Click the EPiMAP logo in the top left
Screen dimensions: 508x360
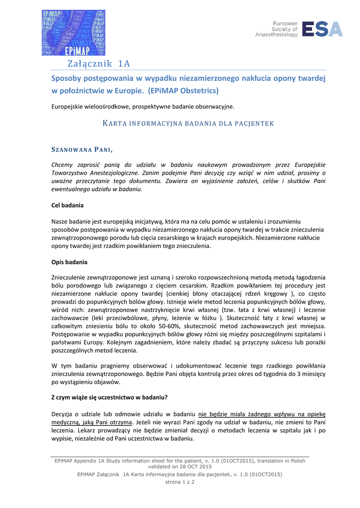[x=73, y=33]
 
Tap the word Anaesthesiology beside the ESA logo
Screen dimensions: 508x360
[x=276, y=35]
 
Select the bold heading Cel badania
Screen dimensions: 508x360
[x=68, y=205]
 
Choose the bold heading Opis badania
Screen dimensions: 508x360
[x=70, y=261]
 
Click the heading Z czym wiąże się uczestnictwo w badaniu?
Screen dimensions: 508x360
[x=109, y=397]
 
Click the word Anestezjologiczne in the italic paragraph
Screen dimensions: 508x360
[x=122, y=173]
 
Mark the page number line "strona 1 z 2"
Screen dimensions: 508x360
[x=180, y=482]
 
